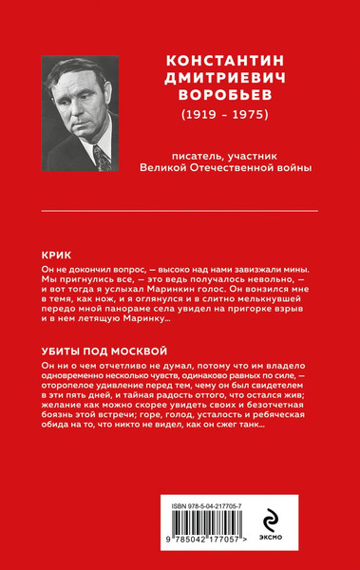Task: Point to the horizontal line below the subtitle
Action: [x=180, y=209]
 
